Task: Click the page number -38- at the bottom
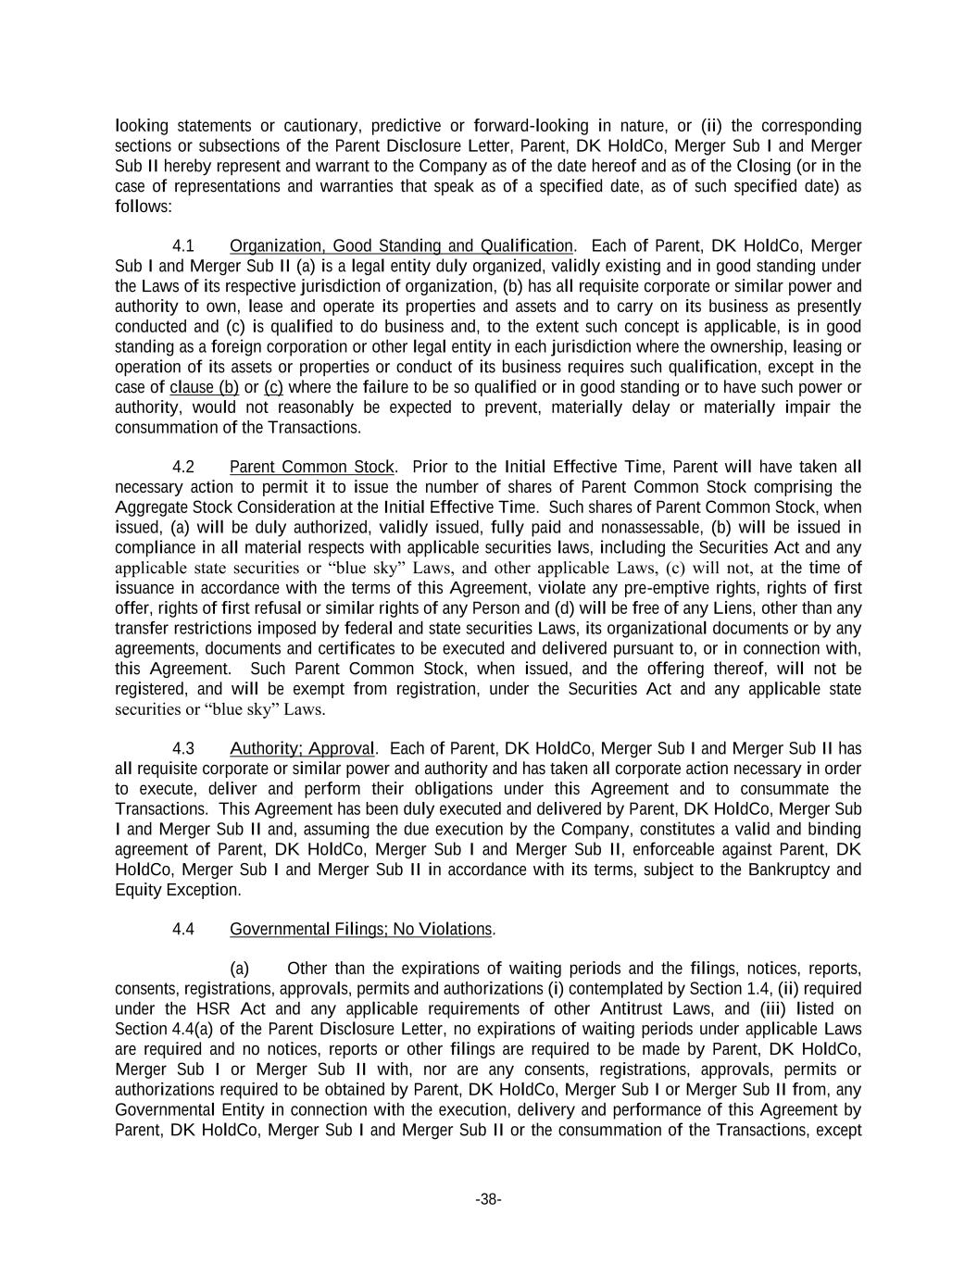pos(488,1200)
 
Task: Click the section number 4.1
pos(183,246)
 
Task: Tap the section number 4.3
pos(183,749)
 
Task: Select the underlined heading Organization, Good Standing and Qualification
pos(401,246)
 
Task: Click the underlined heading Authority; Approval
pos(303,749)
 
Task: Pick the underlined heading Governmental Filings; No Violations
pos(361,929)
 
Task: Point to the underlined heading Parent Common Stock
pos(312,467)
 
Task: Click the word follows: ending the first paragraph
pos(144,206)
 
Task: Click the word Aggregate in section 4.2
pos(151,507)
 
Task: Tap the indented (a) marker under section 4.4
pos(240,970)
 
